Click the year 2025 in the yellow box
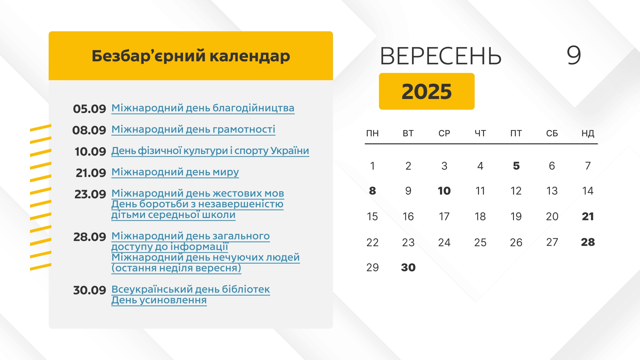click(x=427, y=91)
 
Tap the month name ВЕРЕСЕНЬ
click(x=441, y=56)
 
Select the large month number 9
click(x=574, y=55)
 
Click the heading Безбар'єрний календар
click(x=191, y=56)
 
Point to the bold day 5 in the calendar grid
click(x=516, y=166)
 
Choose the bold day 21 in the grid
click(x=588, y=216)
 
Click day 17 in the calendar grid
click(x=444, y=216)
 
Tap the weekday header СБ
click(x=552, y=133)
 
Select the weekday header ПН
click(x=372, y=133)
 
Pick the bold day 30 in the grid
click(x=408, y=267)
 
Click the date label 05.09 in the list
click(x=89, y=109)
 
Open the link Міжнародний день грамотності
click(x=193, y=129)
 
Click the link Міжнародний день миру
click(x=175, y=172)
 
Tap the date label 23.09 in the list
click(x=90, y=194)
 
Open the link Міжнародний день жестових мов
click(x=198, y=193)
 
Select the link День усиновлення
click(x=159, y=300)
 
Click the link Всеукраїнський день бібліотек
click(x=191, y=289)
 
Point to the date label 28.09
click(x=90, y=237)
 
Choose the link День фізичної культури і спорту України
click(x=210, y=151)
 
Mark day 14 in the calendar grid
click(x=588, y=191)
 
